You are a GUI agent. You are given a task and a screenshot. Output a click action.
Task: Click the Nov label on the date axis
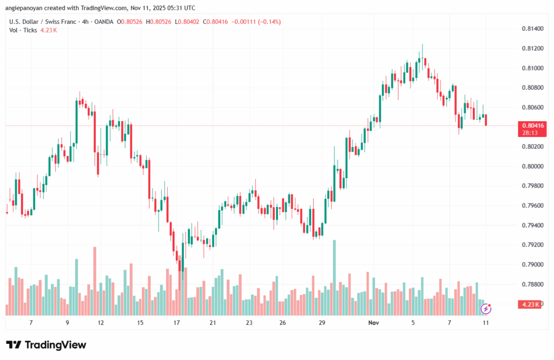click(x=373, y=323)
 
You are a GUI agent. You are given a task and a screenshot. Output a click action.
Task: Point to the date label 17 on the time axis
click(x=176, y=323)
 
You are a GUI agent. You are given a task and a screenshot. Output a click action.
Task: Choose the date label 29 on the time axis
click(x=322, y=323)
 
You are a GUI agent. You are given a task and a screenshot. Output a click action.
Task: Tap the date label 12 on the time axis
click(x=101, y=323)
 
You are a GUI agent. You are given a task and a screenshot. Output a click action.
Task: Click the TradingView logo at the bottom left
click(x=46, y=345)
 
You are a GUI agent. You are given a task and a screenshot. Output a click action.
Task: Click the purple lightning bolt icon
click(x=486, y=309)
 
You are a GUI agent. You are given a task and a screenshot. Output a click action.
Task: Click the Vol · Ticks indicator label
click(x=23, y=30)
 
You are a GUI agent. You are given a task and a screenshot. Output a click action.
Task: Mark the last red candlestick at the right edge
click(x=486, y=120)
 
